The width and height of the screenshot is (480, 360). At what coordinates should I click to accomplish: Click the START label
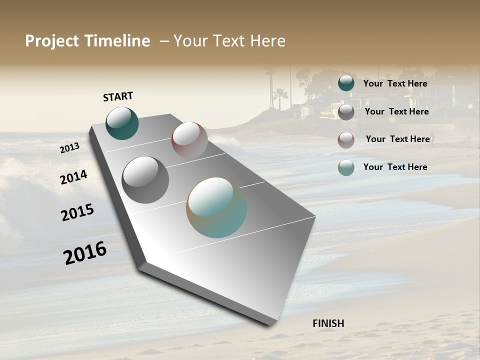coord(118,96)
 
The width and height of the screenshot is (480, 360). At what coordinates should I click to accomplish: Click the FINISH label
coord(328,323)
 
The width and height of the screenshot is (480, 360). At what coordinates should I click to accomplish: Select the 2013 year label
coord(69,148)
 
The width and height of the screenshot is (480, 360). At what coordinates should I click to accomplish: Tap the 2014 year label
coord(73,177)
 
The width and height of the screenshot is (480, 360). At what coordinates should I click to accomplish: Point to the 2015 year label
coord(77,212)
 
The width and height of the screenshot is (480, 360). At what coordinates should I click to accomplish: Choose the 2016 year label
coord(85,253)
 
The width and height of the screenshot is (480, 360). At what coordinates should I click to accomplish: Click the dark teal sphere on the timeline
coord(122,123)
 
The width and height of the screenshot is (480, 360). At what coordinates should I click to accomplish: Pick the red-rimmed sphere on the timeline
coord(189,140)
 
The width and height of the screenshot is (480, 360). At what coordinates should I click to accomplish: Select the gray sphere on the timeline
coord(145,180)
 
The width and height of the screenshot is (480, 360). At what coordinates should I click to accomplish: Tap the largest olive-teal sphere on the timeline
coord(216,207)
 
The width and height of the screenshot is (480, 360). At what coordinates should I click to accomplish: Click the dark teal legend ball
coord(346,83)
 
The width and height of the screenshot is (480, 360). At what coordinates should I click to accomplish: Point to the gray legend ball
coord(346,112)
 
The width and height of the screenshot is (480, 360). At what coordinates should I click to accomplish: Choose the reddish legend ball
coord(346,140)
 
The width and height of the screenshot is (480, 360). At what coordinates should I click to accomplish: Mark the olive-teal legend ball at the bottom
coord(346,167)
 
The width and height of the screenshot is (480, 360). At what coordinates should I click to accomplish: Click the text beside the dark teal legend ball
coord(395,83)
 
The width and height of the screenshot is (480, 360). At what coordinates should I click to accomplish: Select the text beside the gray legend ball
coord(396,111)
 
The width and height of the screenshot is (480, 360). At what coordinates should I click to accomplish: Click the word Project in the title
coord(51,41)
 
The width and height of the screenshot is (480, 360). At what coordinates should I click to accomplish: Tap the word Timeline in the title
coord(117,41)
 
